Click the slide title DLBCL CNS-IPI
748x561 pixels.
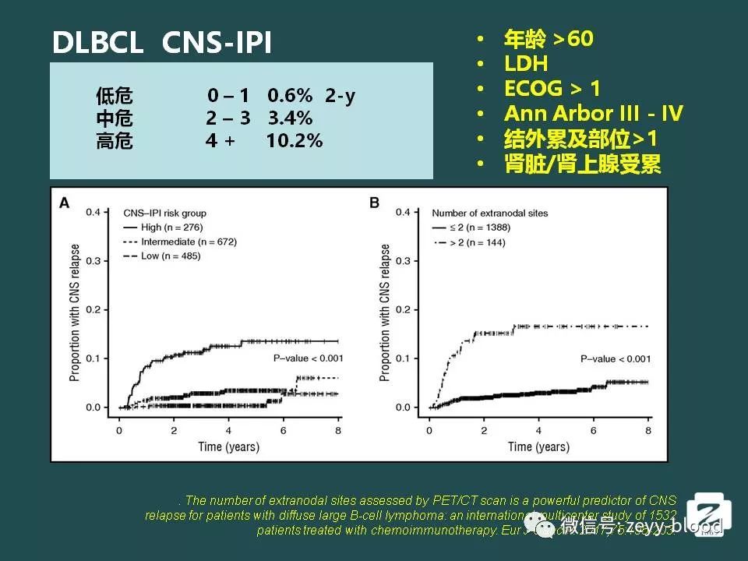(162, 43)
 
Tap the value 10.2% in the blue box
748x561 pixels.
(294, 141)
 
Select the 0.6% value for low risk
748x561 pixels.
(290, 96)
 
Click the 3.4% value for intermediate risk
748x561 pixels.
(290, 118)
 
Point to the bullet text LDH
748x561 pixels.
(526, 64)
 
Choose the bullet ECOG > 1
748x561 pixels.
(552, 89)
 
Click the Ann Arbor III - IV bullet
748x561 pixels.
(593, 114)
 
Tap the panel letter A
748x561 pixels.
(65, 203)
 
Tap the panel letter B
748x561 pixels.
(374, 203)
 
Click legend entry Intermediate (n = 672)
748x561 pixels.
(188, 242)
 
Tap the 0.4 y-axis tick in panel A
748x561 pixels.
(93, 212)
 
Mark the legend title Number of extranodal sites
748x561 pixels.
(489, 213)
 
